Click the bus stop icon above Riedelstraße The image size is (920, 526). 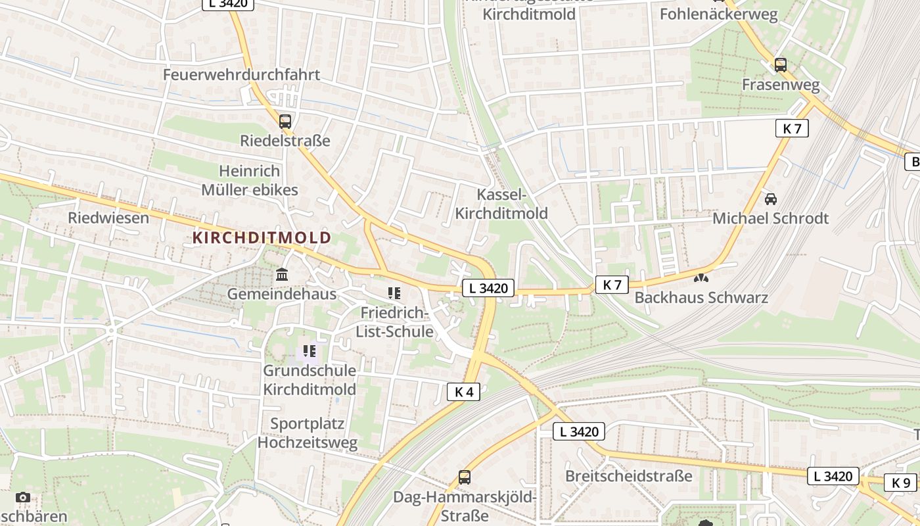tap(285, 122)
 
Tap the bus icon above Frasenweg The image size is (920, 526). tap(780, 65)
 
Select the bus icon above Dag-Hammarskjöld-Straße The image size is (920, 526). tap(464, 477)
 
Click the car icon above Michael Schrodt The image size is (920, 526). tap(771, 199)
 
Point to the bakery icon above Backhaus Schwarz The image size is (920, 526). tap(701, 278)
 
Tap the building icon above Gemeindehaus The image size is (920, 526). tap(282, 274)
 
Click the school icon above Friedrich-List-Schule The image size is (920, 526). tap(394, 293)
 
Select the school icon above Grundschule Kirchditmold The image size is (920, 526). tap(310, 351)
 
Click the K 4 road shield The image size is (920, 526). tap(463, 392)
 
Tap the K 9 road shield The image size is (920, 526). tap(900, 482)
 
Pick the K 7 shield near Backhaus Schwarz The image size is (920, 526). tap(612, 285)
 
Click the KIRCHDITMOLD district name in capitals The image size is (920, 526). tap(262, 237)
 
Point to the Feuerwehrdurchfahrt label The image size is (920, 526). tap(241, 74)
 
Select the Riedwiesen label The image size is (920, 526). tap(108, 218)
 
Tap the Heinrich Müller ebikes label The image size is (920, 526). tap(250, 181)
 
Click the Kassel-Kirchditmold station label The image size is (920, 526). tap(501, 204)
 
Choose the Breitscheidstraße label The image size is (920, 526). tap(629, 475)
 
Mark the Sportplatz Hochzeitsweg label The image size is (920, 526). tap(308, 433)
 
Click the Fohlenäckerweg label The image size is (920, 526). tap(718, 14)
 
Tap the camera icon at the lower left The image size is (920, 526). tap(23, 498)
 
